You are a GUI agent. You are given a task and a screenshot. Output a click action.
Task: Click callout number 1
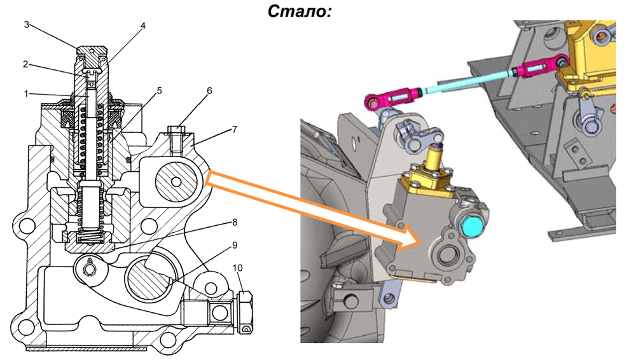point(26,93)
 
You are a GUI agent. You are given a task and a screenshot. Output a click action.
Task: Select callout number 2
point(26,64)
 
